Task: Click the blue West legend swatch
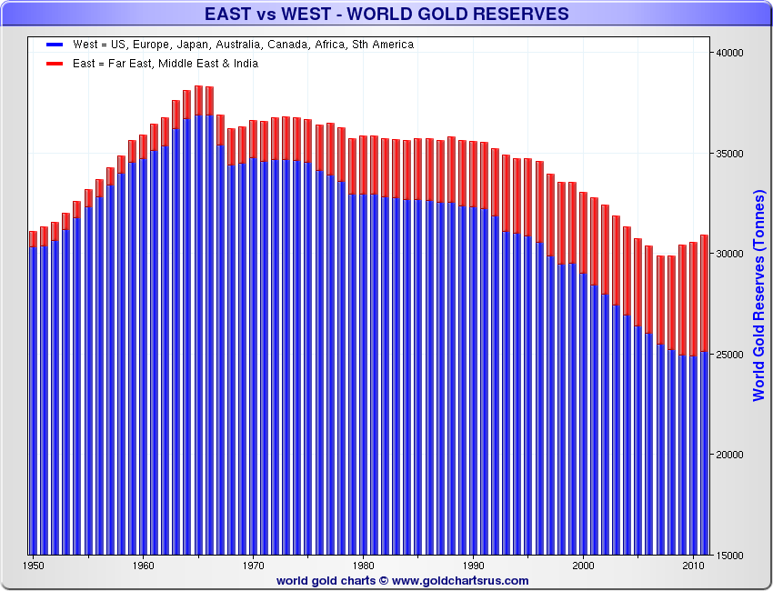pyautogui.click(x=54, y=45)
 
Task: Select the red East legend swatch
pyautogui.click(x=54, y=64)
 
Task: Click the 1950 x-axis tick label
pyautogui.click(x=34, y=565)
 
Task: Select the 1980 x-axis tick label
pyautogui.click(x=364, y=565)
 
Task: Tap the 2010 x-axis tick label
pyautogui.click(x=693, y=565)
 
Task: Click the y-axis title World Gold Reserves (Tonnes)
pyautogui.click(x=758, y=295)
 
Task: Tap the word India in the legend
pyautogui.click(x=244, y=64)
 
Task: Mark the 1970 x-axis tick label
pyautogui.click(x=254, y=565)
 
